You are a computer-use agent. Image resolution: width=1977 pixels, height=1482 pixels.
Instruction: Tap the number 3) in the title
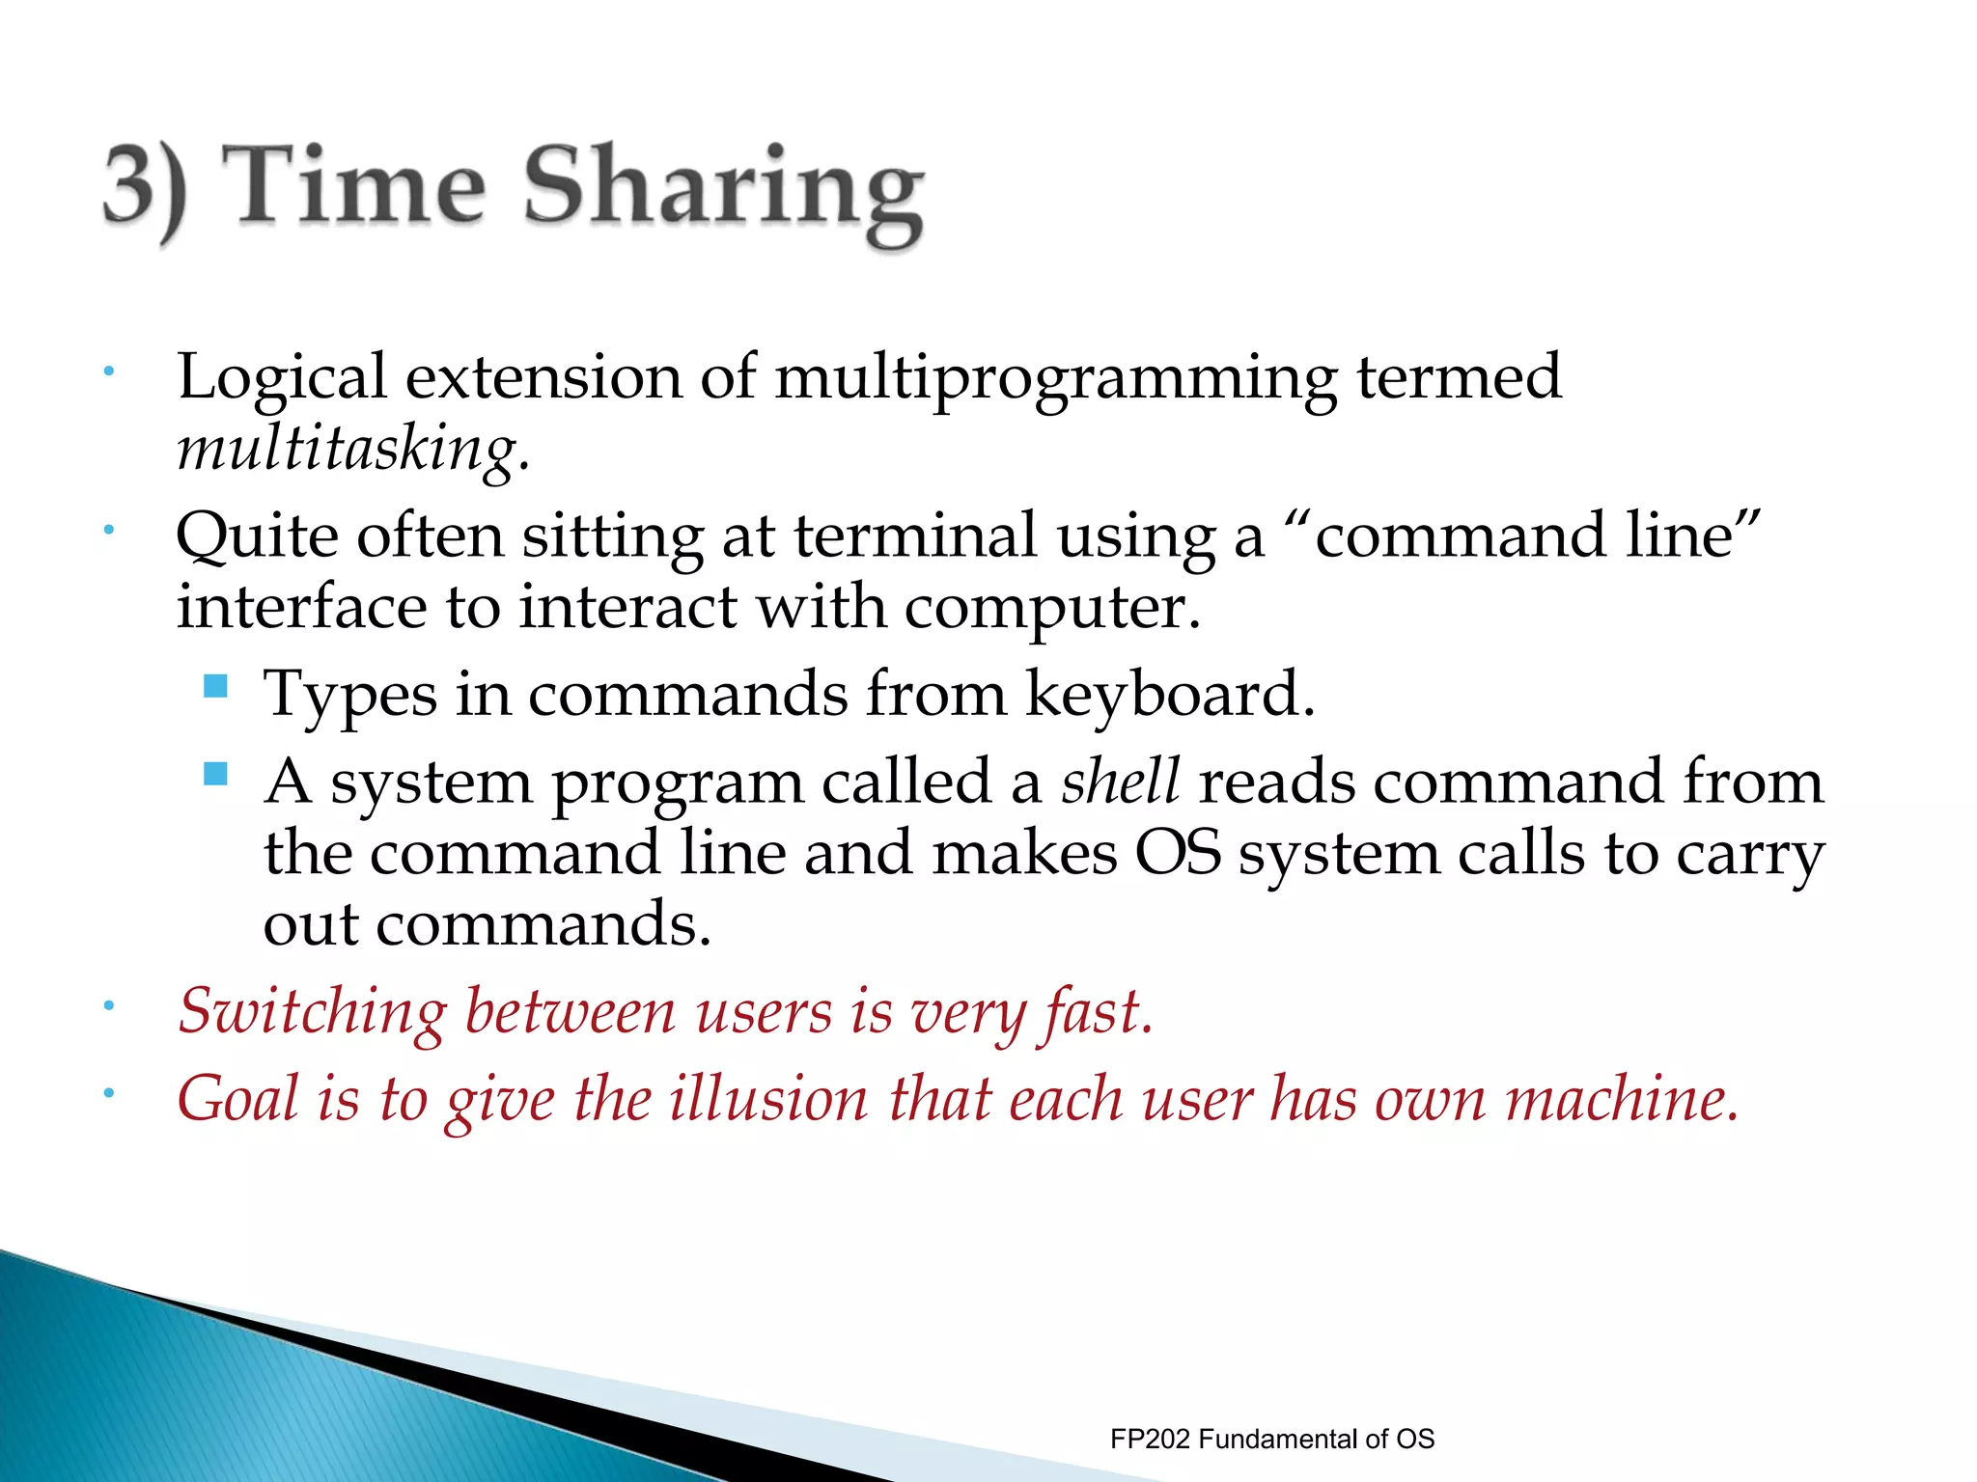coord(145,188)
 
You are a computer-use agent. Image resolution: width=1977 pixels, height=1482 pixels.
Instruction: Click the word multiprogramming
coord(1055,378)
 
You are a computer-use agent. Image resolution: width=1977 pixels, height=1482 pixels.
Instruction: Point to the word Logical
coord(281,378)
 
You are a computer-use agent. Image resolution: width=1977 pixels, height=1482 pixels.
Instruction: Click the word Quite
coord(257,536)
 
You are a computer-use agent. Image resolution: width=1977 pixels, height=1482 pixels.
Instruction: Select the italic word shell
coord(1120,782)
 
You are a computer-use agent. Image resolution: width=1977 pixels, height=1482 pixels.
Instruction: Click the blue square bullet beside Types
coord(216,687)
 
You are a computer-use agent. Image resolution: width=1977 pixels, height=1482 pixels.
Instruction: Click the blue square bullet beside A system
coord(216,774)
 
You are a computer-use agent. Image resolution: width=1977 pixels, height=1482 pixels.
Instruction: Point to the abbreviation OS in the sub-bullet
coord(1178,854)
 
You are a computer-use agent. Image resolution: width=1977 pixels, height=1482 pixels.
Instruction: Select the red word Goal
coord(237,1100)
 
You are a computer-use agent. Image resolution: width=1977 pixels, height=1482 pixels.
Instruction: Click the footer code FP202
coord(1151,1440)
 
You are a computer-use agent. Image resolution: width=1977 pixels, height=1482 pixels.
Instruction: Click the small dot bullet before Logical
coord(110,371)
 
